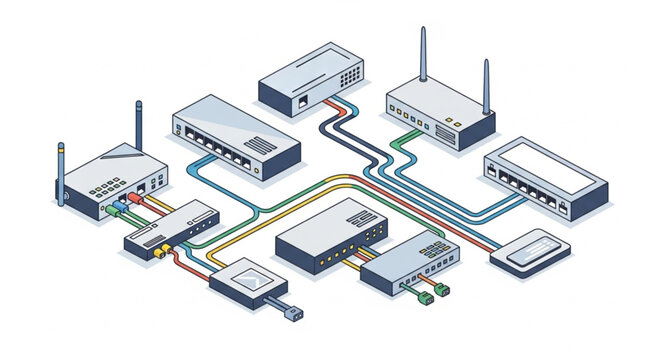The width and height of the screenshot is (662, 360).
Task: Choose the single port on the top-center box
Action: pos(301,100)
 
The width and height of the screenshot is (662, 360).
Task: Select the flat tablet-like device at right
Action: pos(530,250)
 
